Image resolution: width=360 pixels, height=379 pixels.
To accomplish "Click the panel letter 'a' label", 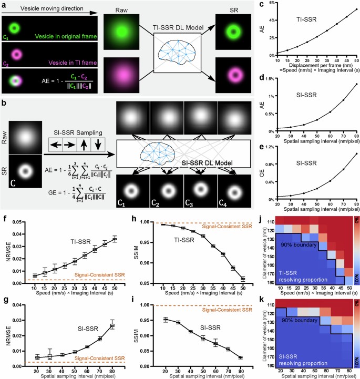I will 4,5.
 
